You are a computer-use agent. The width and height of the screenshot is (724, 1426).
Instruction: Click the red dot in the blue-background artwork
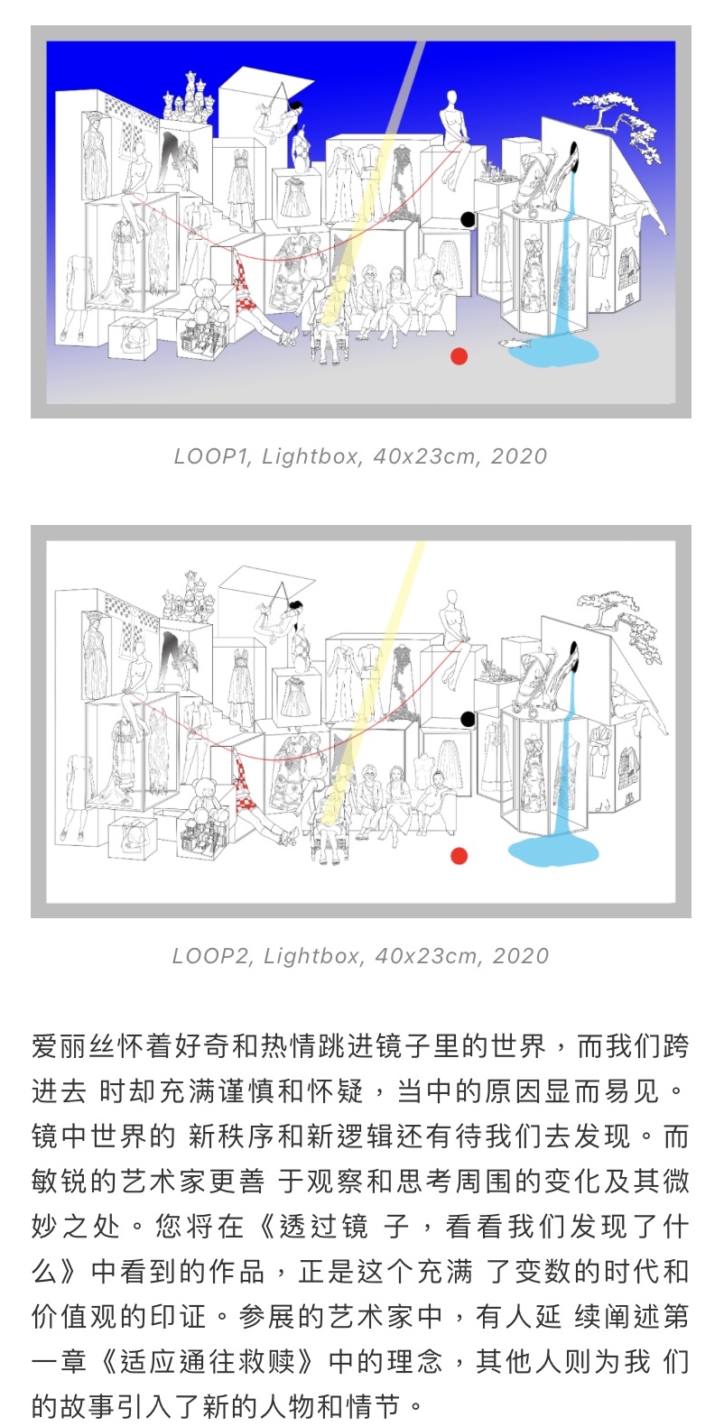pos(459,356)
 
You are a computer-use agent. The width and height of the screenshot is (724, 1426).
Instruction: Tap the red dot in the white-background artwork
pos(459,856)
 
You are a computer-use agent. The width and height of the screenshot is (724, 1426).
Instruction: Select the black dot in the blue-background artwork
pos(469,219)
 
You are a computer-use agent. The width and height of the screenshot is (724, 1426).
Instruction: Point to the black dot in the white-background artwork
pos(469,720)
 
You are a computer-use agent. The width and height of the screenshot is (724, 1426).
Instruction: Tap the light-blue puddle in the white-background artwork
pos(553,851)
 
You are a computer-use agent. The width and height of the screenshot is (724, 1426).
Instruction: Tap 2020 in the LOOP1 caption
pos(519,455)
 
